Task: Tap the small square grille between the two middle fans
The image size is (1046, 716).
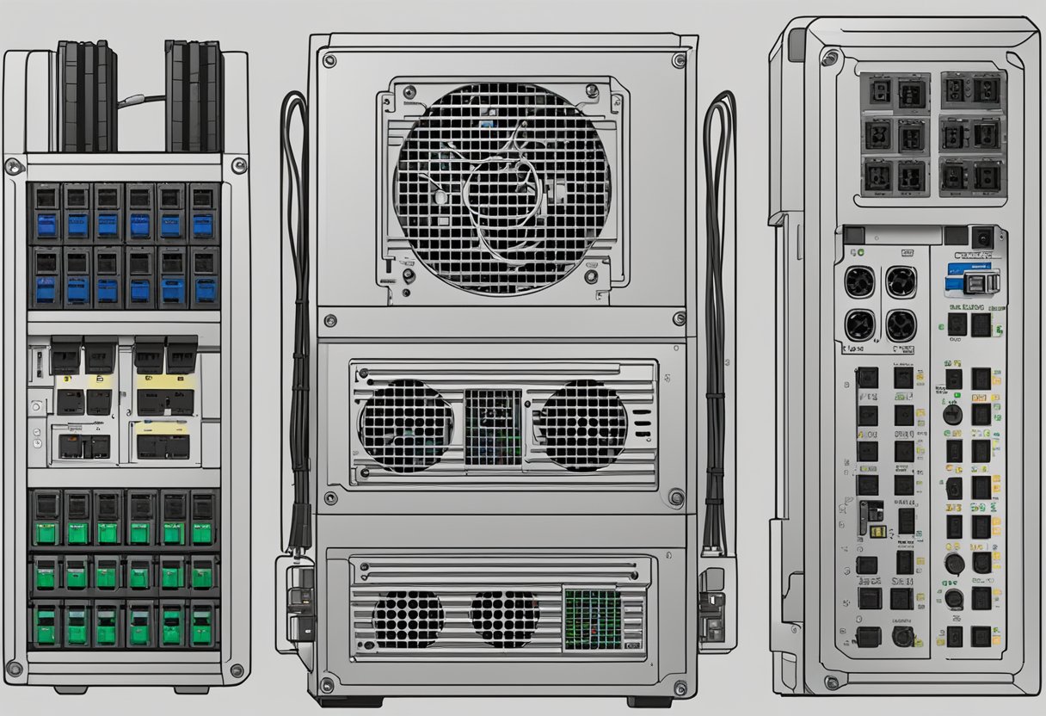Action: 493,427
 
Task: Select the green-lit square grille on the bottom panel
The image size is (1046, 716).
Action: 592,619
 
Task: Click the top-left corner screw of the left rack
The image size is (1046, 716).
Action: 13,165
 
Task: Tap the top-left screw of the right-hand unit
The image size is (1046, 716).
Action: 829,59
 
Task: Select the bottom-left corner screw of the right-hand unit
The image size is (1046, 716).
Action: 830,682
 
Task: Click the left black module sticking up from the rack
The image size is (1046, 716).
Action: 87,96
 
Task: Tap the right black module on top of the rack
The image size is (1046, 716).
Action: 194,96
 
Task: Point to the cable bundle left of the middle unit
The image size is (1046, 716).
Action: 298,318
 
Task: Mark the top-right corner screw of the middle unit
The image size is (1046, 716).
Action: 679,60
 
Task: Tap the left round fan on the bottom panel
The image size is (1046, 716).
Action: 408,619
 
